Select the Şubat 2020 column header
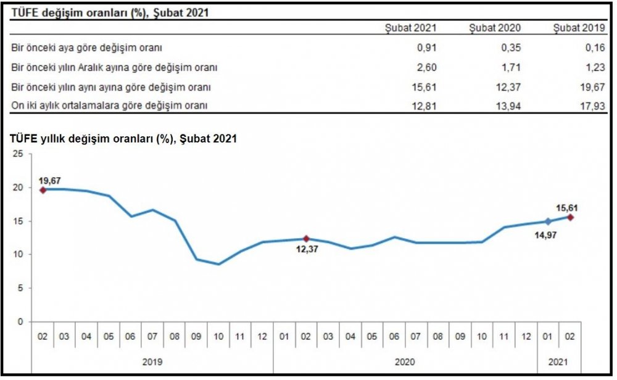[494, 28]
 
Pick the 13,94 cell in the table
[509, 105]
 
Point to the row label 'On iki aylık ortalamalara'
[109, 105]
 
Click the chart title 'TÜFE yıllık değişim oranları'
[123, 139]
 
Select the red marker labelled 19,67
[43, 190]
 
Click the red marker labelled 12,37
[306, 239]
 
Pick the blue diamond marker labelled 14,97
[548, 221]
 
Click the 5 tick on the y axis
[20, 288]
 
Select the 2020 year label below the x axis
[405, 362]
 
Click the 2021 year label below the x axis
[558, 362]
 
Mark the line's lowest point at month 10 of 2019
[218, 264]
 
